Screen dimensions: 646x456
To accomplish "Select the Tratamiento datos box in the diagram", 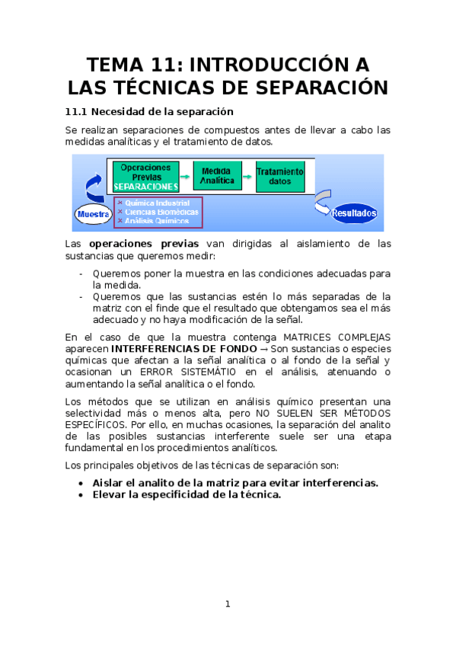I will click(x=280, y=177).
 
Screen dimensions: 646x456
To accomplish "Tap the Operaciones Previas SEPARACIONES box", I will click(x=146, y=176).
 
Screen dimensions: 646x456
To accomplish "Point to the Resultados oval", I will click(x=354, y=213).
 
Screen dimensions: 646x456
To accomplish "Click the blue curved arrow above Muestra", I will click(x=94, y=187).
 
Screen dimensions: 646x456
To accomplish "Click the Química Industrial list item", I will click(x=153, y=203).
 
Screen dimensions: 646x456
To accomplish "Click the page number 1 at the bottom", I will click(x=228, y=604).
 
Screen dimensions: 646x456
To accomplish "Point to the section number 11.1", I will click(x=77, y=112).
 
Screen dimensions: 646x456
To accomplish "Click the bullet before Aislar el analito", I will click(x=82, y=483).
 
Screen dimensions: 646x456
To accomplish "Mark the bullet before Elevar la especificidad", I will click(x=82, y=494).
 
